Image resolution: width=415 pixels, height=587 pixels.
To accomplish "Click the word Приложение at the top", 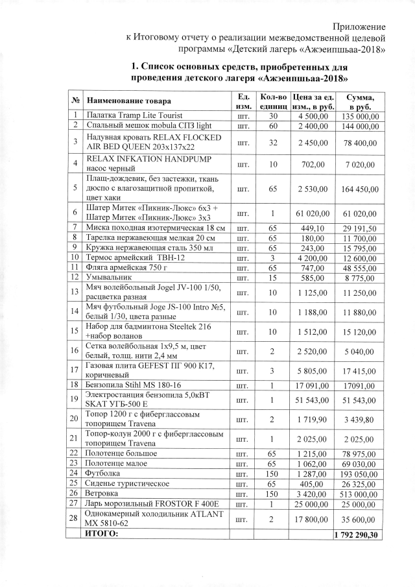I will (x=359, y=26).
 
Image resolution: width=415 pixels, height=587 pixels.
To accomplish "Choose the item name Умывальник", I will (x=110, y=278).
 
